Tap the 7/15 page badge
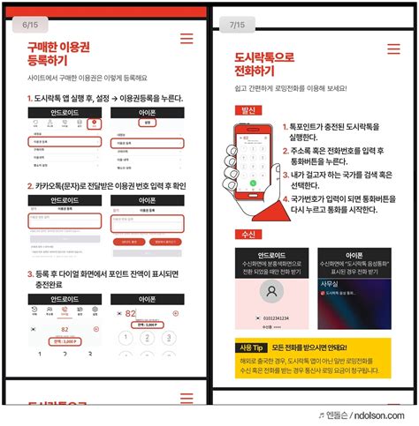[x=238, y=24]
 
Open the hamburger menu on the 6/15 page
[x=186, y=39]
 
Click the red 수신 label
[x=248, y=234]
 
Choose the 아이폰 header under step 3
[x=146, y=299]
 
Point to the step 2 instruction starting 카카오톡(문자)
[x=106, y=186]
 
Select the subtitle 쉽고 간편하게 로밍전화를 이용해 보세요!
[x=291, y=89]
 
